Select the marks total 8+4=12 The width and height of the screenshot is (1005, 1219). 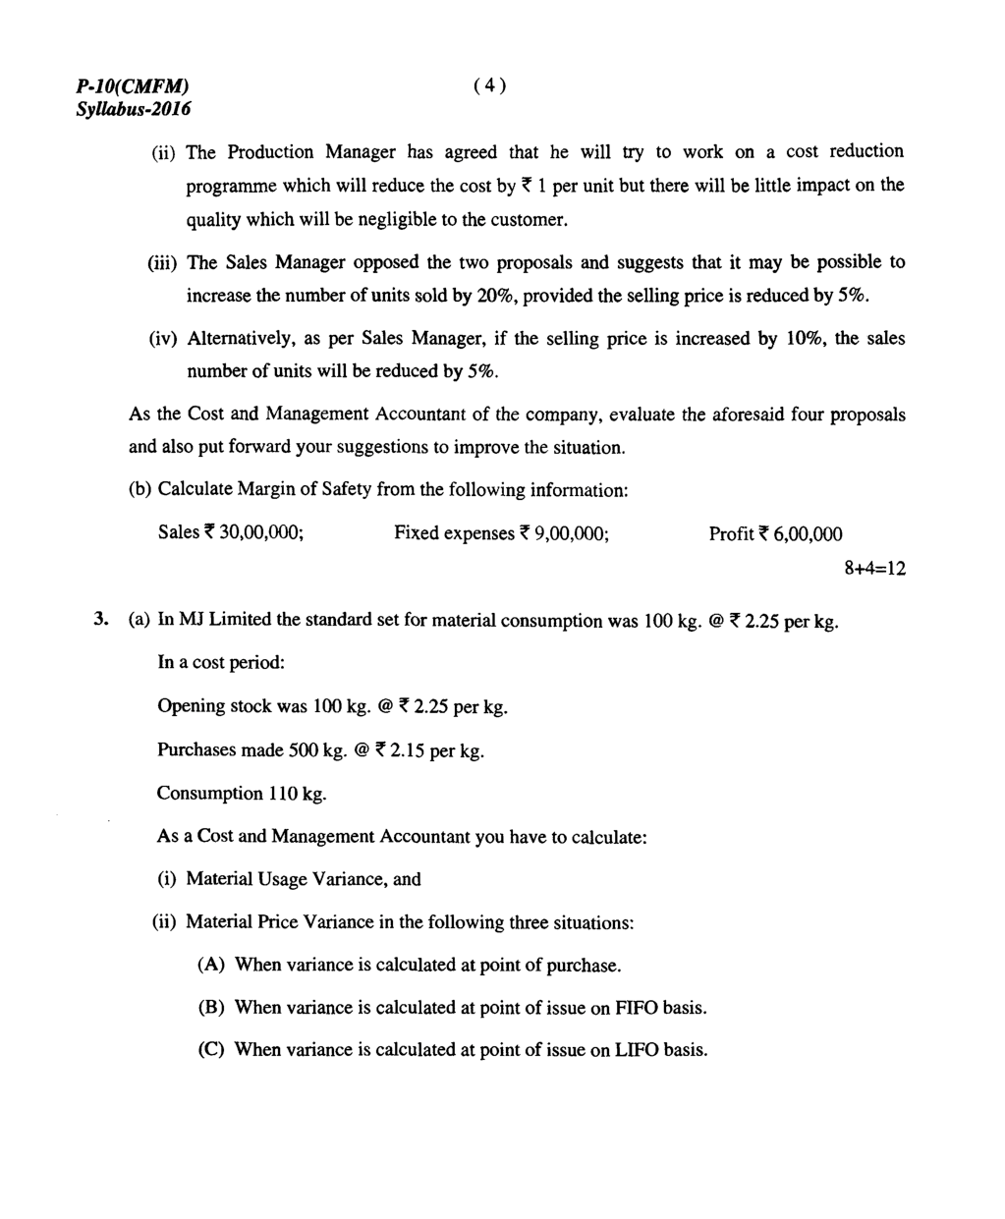874,569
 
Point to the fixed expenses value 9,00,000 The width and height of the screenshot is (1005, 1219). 572,533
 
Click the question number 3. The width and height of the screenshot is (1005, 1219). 100,620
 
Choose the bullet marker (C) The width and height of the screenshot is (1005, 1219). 211,1050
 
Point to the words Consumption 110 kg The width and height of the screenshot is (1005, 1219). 242,794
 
